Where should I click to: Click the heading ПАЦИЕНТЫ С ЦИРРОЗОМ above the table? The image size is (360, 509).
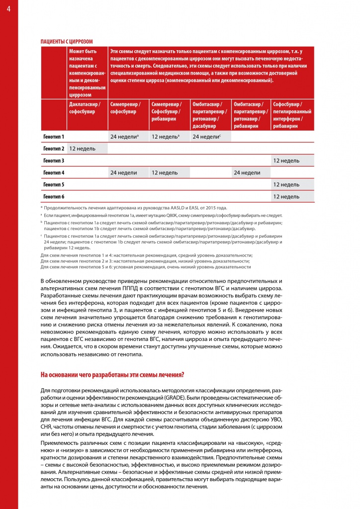click(66, 42)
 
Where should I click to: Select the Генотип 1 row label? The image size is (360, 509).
click(54, 136)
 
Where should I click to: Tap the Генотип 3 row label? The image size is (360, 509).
click(54, 161)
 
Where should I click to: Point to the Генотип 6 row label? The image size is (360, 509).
click(54, 197)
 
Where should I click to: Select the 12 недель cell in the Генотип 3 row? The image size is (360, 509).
click(287, 161)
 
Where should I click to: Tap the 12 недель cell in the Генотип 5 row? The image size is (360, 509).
click(287, 184)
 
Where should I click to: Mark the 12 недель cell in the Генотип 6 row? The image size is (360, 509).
click(287, 197)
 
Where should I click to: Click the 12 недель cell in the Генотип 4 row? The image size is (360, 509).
click(165, 172)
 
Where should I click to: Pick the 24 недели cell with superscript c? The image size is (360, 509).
click(206, 136)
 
